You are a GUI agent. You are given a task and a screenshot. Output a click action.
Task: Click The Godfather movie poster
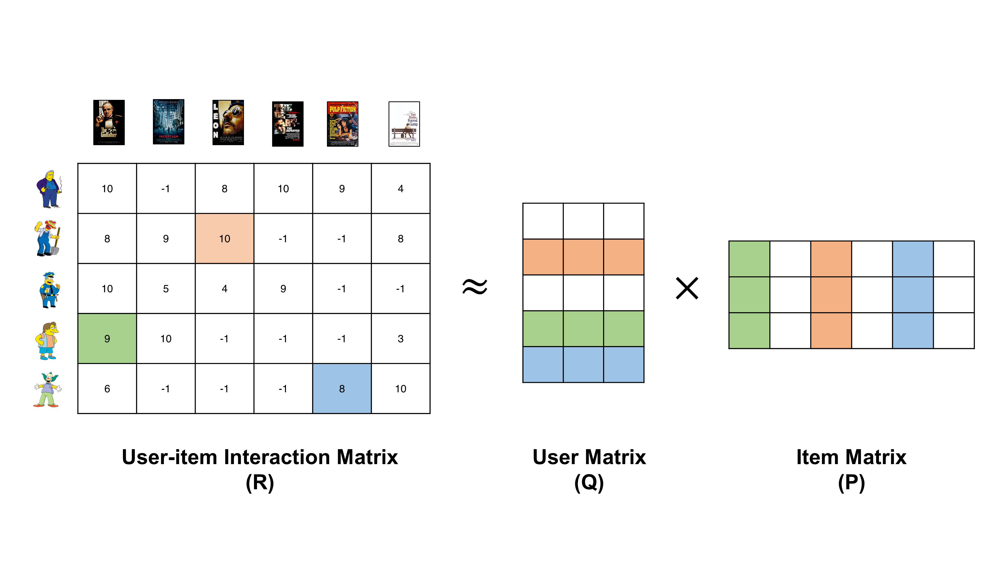pyautogui.click(x=109, y=122)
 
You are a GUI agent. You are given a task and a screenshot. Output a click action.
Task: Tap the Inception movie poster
pyautogui.click(x=168, y=122)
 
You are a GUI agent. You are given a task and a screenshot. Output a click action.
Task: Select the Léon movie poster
pyautogui.click(x=228, y=122)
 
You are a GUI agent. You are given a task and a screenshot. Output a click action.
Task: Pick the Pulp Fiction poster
pyautogui.click(x=343, y=124)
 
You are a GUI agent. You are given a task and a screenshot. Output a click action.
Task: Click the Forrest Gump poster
pyautogui.click(x=404, y=124)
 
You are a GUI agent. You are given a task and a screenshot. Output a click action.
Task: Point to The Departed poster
pyautogui.click(x=288, y=124)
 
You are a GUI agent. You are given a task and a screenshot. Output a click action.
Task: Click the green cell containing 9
pyautogui.click(x=107, y=338)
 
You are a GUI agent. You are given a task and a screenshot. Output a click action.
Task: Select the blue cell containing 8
pyautogui.click(x=342, y=388)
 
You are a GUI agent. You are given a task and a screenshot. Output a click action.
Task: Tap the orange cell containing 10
pyautogui.click(x=225, y=238)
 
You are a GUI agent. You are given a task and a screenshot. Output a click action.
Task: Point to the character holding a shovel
pyautogui.click(x=48, y=238)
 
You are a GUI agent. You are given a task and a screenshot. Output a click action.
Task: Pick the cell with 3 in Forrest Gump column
pyautogui.click(x=401, y=338)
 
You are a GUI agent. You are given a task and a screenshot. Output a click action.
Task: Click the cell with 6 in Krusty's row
pyautogui.click(x=107, y=388)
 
